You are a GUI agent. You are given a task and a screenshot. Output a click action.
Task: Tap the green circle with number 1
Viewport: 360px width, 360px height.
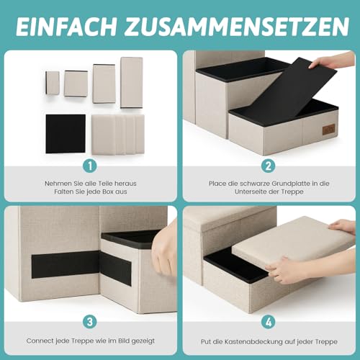[90, 166]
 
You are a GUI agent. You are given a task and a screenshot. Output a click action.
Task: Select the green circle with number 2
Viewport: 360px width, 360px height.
[269, 166]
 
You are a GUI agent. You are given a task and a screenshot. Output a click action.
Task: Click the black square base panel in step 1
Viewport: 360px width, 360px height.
[66, 132]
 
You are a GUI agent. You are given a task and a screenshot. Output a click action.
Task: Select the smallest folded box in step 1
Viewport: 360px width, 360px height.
[53, 82]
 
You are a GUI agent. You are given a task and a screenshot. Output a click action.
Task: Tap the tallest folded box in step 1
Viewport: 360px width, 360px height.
[132, 82]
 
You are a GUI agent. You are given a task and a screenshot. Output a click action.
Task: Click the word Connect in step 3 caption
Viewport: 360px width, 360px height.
[41, 340]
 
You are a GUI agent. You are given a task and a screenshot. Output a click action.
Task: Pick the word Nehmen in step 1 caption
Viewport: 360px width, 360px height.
[58, 184]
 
